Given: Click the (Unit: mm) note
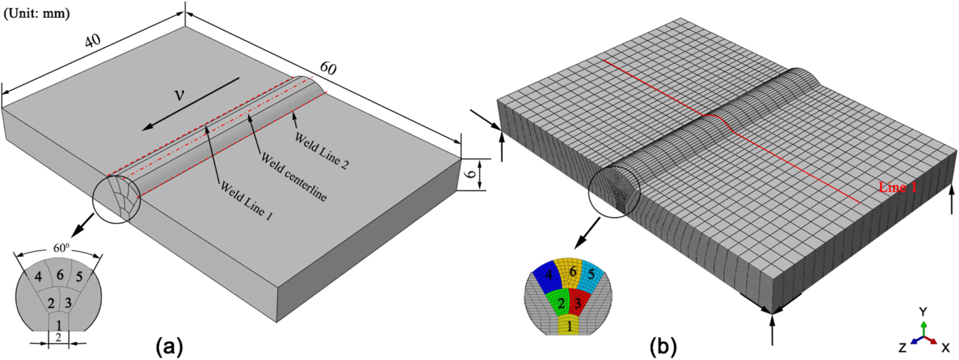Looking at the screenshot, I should pyautogui.click(x=37, y=13).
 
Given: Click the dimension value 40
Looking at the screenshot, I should pyautogui.click(x=93, y=41).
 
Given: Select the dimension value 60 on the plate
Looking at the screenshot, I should pyautogui.click(x=328, y=68).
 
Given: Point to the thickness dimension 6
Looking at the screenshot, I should pyautogui.click(x=472, y=174).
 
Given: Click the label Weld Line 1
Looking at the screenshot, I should pyautogui.click(x=246, y=201).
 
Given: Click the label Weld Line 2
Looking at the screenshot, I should pyautogui.click(x=322, y=150).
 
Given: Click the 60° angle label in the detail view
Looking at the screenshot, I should pyautogui.click(x=61, y=248).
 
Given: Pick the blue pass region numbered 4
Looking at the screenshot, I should pyautogui.click(x=547, y=276).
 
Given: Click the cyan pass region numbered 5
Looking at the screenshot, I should pyautogui.click(x=592, y=274).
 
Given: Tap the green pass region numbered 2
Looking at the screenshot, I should pyautogui.click(x=561, y=304).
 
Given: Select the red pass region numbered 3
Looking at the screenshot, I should pyautogui.click(x=578, y=304).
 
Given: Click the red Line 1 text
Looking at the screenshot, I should pyautogui.click(x=898, y=187).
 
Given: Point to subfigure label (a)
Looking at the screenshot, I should pyautogui.click(x=169, y=347).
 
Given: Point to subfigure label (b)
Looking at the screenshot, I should pyautogui.click(x=663, y=347).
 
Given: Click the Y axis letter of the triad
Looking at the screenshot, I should pyautogui.click(x=923, y=311).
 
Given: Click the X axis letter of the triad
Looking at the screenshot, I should pyautogui.click(x=945, y=348).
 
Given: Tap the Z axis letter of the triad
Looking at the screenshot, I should pyautogui.click(x=902, y=348).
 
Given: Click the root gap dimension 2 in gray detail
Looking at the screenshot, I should pyautogui.click(x=58, y=338).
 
